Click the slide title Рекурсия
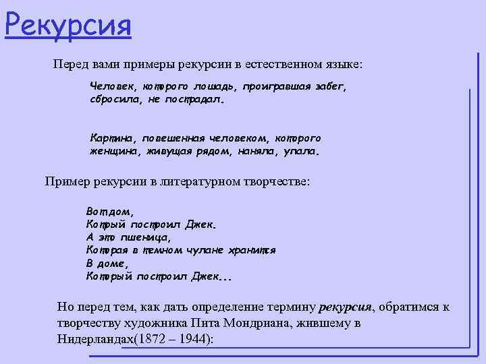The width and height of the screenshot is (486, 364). click(67, 26)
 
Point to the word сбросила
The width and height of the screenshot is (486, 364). click(114, 100)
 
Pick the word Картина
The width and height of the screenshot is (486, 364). click(113, 138)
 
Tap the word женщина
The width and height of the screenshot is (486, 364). click(114, 151)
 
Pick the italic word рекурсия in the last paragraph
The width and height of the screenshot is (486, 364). click(345, 307)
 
